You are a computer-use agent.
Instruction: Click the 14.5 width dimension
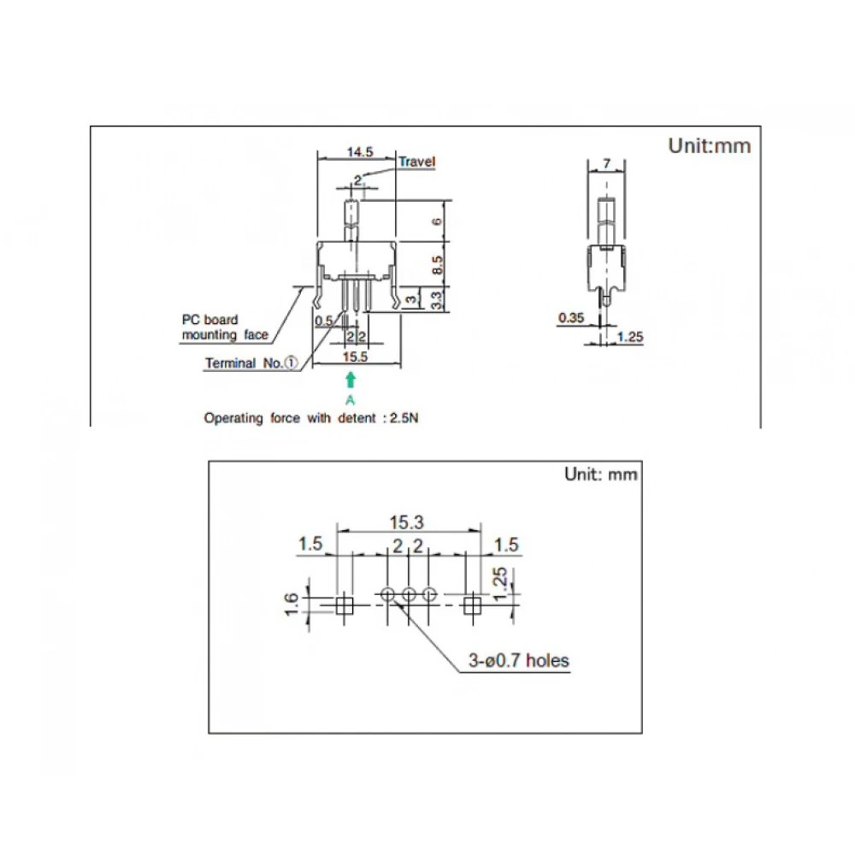pos(359,152)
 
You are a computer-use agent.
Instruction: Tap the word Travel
pos(416,162)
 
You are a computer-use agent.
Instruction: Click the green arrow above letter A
pos(350,380)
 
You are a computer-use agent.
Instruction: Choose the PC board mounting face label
pos(224,327)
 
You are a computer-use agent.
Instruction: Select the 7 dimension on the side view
pos(606,162)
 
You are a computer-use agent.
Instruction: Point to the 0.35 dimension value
pos(571,318)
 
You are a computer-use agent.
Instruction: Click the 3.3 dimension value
pos(436,299)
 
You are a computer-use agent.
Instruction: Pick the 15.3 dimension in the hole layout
pos(408,521)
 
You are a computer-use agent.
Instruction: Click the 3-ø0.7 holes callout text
pos(517,660)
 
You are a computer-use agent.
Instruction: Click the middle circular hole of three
pos(408,594)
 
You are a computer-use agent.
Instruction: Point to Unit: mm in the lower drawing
pos(600,475)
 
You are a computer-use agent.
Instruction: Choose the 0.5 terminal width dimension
pos(323,321)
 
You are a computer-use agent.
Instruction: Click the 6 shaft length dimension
pos(436,221)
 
